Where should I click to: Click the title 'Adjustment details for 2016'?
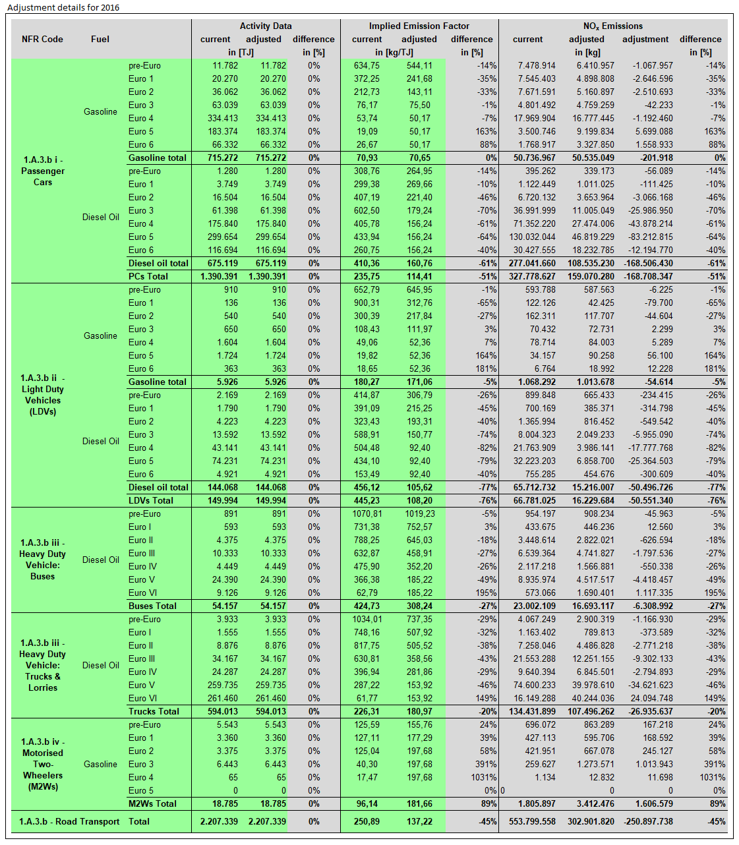click(63, 7)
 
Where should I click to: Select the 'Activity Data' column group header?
click(265, 26)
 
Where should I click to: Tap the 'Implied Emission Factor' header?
click(419, 26)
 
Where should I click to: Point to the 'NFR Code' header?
click(42, 39)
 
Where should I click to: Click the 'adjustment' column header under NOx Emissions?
click(645, 39)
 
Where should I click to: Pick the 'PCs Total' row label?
click(148, 276)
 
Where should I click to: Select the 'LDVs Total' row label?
click(151, 500)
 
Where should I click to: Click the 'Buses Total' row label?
click(152, 606)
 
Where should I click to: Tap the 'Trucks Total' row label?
click(154, 711)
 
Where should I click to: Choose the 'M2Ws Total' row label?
click(152, 803)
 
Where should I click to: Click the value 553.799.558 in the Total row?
click(532, 821)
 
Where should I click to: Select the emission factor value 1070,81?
click(367, 513)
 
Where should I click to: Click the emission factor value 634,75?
click(367, 65)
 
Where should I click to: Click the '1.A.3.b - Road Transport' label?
click(69, 821)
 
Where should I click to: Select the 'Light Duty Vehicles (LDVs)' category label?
click(42, 395)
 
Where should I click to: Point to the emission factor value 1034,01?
click(367, 619)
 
